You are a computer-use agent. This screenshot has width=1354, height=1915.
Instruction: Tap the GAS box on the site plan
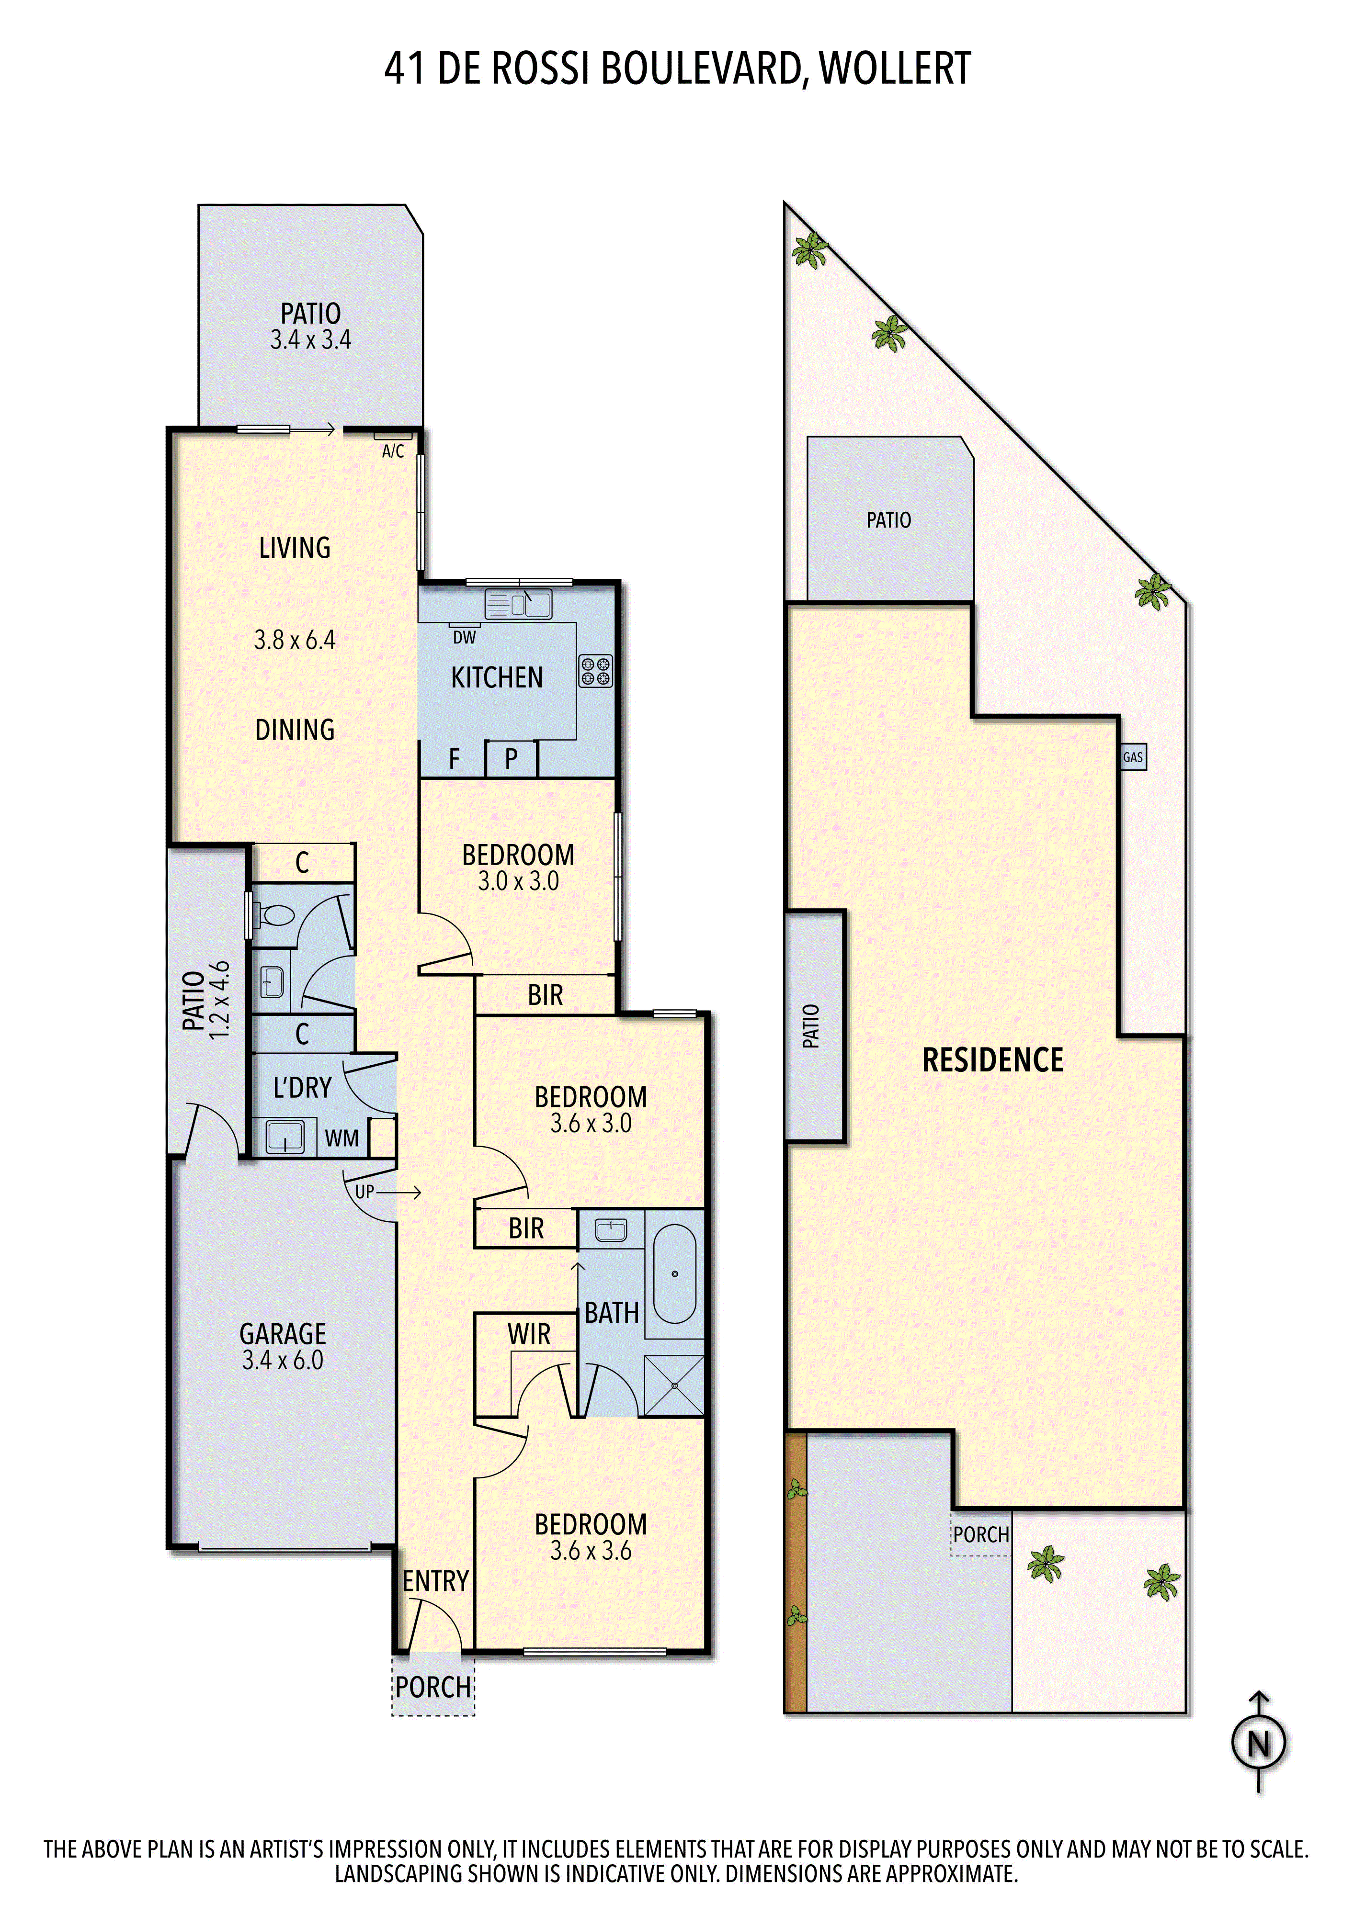pyautogui.click(x=1132, y=757)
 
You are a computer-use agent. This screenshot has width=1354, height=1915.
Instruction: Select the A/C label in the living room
pyautogui.click(x=393, y=451)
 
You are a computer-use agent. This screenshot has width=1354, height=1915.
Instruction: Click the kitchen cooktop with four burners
pyautogui.click(x=596, y=671)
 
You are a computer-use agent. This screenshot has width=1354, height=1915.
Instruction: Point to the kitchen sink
pyautogui.click(x=518, y=604)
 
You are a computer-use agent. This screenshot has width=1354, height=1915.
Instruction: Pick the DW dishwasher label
pyautogui.click(x=465, y=637)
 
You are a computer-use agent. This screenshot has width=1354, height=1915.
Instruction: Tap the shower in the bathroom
pyautogui.click(x=674, y=1386)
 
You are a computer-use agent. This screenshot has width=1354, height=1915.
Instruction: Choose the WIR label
pyautogui.click(x=529, y=1334)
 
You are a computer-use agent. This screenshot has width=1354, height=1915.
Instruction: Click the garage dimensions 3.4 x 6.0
pyautogui.click(x=283, y=1360)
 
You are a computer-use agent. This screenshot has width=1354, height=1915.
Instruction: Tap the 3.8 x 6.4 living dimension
pyautogui.click(x=295, y=640)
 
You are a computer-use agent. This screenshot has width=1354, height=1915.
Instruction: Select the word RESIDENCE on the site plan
pyautogui.click(x=993, y=1060)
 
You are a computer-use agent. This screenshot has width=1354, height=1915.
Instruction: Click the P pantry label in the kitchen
pyautogui.click(x=512, y=759)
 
